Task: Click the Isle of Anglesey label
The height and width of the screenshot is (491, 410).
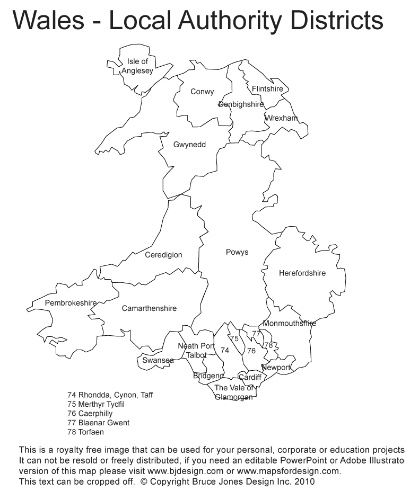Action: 137,66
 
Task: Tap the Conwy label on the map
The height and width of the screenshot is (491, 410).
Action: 202,92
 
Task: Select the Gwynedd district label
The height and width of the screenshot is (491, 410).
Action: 189,144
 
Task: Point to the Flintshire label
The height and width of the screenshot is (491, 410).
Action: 267,88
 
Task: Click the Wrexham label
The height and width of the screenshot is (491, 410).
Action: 281,118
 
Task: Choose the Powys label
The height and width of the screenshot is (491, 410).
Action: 237,252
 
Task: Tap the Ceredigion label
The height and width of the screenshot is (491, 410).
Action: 163,255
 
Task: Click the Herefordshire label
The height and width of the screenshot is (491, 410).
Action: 302,273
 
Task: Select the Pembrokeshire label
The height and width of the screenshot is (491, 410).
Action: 71,303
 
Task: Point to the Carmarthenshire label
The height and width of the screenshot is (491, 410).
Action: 149,308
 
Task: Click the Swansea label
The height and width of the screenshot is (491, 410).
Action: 158,361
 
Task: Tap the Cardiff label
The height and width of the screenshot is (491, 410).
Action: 250,378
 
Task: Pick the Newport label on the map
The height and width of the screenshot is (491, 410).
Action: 276,368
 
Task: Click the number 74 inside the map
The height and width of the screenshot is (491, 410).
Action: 225,351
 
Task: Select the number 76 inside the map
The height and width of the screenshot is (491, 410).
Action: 251,351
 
